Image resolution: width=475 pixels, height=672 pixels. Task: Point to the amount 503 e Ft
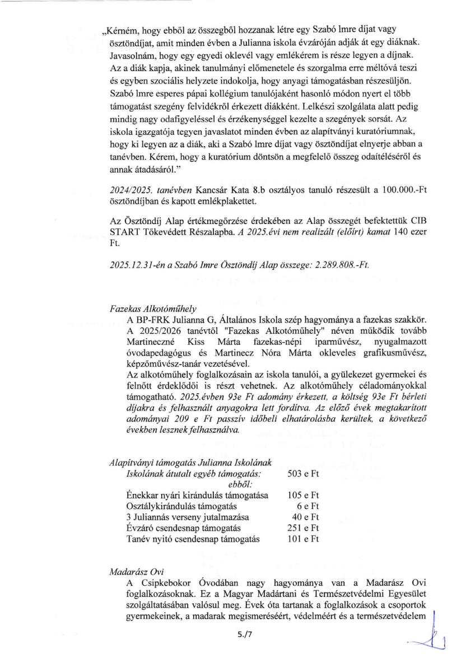[303, 474]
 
